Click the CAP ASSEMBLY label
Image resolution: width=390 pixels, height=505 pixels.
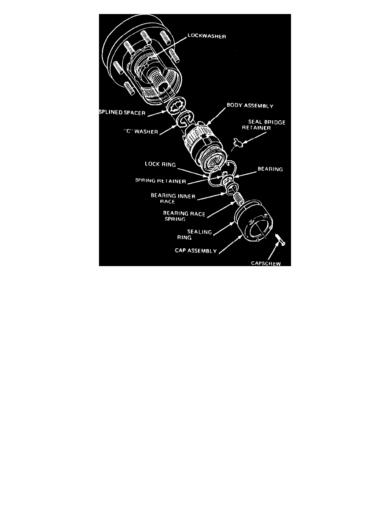coord(195,251)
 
